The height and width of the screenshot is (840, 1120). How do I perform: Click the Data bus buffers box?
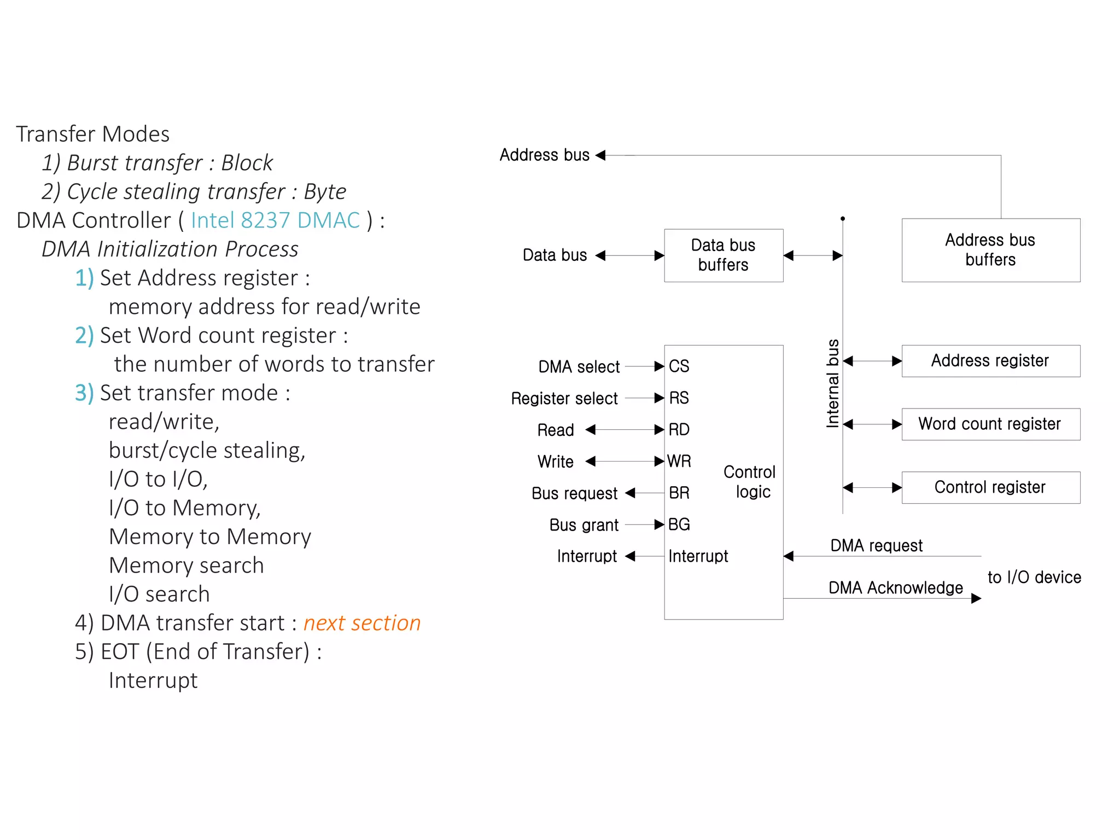pyautogui.click(x=723, y=255)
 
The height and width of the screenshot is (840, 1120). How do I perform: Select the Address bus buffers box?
pyautogui.click(x=990, y=250)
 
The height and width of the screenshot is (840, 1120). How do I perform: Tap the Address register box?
pyautogui.click(x=990, y=361)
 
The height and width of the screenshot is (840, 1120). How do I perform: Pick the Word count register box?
pyautogui.click(x=990, y=424)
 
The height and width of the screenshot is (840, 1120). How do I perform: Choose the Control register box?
pyautogui.click(x=990, y=487)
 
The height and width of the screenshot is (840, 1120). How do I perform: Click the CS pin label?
pyautogui.click(x=679, y=366)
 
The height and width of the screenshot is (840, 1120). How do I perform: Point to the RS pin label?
pyautogui.click(x=679, y=398)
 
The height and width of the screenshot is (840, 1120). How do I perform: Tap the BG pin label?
pyautogui.click(x=679, y=525)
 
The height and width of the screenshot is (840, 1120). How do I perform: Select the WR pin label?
pyautogui.click(x=679, y=462)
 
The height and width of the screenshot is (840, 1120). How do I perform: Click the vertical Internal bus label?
pyautogui.click(x=832, y=383)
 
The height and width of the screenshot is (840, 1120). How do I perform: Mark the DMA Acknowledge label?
pyautogui.click(x=895, y=588)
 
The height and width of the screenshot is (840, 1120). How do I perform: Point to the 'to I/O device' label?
pyautogui.click(x=1034, y=577)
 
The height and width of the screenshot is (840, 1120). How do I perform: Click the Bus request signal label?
pyautogui.click(x=574, y=493)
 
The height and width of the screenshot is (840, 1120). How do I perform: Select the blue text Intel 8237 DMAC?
pyautogui.click(x=275, y=220)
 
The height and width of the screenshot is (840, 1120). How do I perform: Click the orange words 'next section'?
pyautogui.click(x=362, y=623)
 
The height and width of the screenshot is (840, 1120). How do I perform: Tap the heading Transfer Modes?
pyautogui.click(x=92, y=134)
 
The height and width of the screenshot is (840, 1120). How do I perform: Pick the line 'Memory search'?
pyautogui.click(x=186, y=565)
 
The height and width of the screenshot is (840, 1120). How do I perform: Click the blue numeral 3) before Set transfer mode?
pyautogui.click(x=84, y=393)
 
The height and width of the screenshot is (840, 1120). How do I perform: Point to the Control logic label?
pyautogui.click(x=749, y=482)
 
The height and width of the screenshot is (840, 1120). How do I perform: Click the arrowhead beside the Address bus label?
pyautogui.click(x=600, y=155)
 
